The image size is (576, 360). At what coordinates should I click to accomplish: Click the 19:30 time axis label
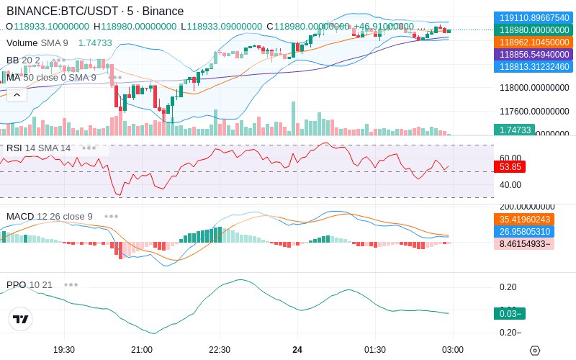[x=64, y=349]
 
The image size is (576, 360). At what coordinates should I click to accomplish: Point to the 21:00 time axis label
[x=142, y=349]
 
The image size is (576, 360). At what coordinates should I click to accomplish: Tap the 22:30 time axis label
[x=220, y=349]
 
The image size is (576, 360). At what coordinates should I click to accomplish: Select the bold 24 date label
[x=297, y=349]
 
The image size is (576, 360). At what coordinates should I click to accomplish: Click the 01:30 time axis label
[x=375, y=349]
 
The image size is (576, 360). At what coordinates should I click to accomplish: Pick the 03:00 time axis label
[x=452, y=349]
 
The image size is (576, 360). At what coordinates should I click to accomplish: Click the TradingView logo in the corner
[x=21, y=319]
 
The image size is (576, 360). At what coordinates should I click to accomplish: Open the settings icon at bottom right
[x=534, y=350]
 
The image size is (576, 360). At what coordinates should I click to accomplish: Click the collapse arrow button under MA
[x=17, y=94]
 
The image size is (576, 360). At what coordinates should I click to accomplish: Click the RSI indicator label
[x=14, y=148]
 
